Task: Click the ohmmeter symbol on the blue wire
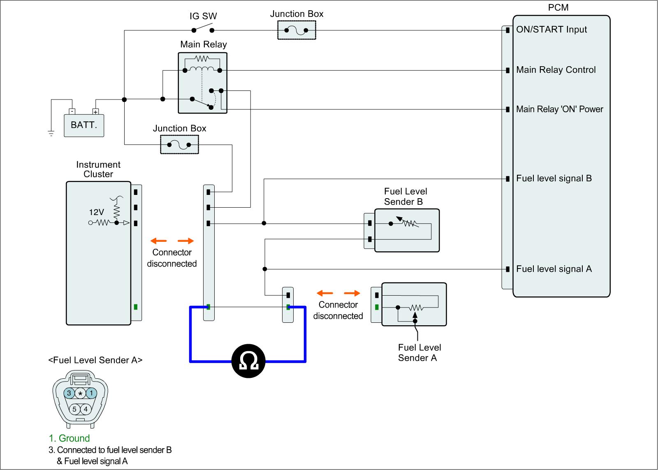coord(248,361)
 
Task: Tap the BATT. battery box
coord(84,125)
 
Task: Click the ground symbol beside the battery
coord(51,133)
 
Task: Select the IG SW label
coord(203,16)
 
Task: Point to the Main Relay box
coord(203,83)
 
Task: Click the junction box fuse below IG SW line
coord(297,30)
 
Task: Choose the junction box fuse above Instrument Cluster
coord(179,144)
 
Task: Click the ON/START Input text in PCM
coord(551,29)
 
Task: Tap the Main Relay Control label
coord(556,69)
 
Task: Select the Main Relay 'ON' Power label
coord(560,109)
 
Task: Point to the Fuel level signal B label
coord(554,178)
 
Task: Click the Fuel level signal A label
coord(554,269)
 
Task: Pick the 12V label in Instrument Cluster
coord(96,212)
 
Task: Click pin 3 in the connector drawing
coord(69,394)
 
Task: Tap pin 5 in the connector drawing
coord(74,409)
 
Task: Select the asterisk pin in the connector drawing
coord(80,394)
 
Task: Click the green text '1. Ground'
coord(69,438)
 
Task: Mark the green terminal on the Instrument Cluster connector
coord(136,307)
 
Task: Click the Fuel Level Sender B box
coord(407,230)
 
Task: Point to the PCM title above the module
coord(558,7)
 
